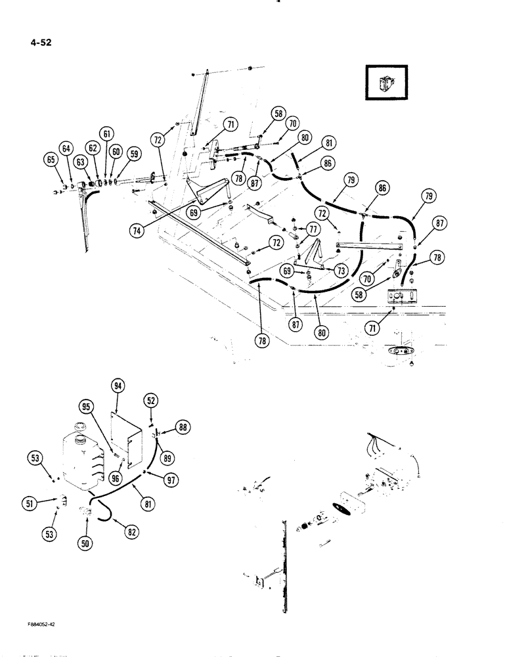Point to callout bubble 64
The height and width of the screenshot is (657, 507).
66,149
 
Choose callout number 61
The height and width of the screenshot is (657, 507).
106,134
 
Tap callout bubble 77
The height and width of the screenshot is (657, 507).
313,229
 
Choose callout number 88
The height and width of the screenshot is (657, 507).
181,427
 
